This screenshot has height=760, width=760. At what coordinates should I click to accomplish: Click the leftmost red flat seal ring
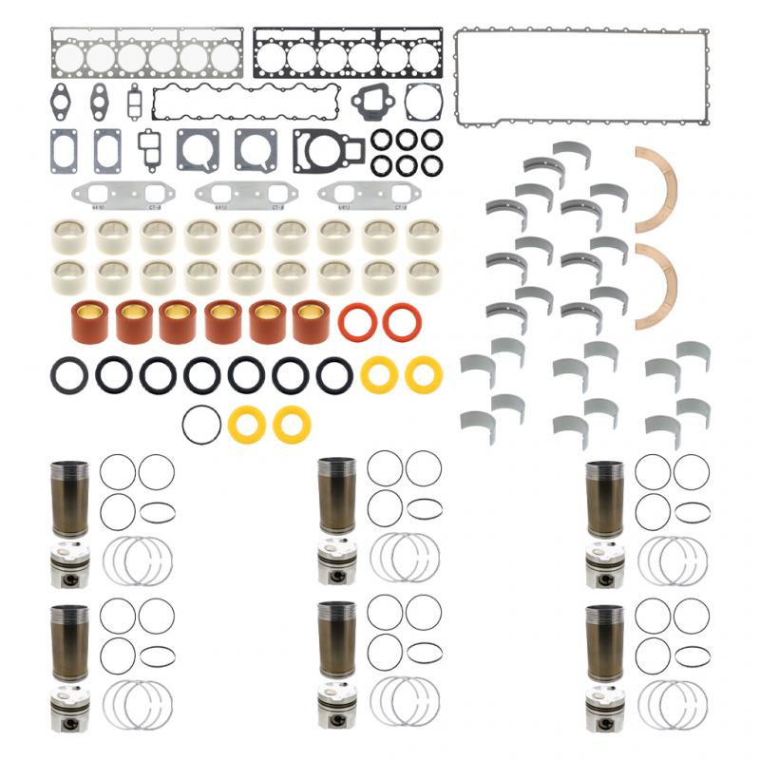pos(357,322)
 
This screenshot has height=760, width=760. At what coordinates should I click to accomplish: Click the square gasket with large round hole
pos(198,148)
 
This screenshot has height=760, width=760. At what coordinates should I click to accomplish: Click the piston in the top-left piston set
pos(68,564)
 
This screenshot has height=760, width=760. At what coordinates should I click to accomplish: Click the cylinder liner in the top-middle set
pos(337,495)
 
